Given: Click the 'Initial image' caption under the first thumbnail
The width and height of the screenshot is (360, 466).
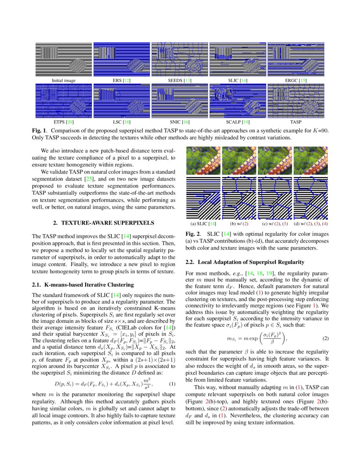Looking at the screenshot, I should (64, 80).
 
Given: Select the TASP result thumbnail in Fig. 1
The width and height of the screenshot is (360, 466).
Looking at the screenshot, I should (296, 101).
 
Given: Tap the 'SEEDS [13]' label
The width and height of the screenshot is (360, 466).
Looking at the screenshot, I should (180, 80).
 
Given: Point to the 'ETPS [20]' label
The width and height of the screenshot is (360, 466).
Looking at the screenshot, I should (64, 122).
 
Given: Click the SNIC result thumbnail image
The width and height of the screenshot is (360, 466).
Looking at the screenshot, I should (180, 101).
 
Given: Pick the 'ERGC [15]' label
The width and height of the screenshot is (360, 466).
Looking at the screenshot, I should (296, 80).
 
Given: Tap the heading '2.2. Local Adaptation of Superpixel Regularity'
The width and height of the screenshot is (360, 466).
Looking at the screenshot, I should (245, 262).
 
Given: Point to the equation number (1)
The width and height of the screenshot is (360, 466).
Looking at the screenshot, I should (172, 384).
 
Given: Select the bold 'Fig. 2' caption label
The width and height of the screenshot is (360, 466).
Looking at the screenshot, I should (194, 234).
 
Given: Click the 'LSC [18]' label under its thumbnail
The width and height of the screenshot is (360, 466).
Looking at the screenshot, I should (122, 122).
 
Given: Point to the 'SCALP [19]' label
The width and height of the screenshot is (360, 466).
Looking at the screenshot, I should (238, 122).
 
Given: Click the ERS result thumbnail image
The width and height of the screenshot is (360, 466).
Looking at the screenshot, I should (122, 59).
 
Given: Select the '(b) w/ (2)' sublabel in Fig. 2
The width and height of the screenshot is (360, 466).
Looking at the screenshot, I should (239, 223).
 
